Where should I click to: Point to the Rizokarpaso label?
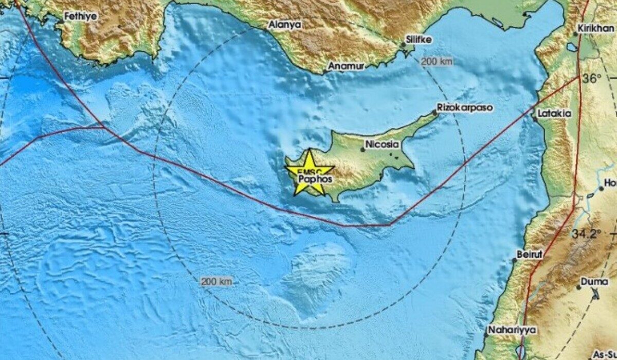(x=465, y=108)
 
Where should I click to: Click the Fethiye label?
(x=80, y=16)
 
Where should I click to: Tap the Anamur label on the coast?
(x=346, y=66)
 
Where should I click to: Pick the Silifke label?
(x=419, y=40)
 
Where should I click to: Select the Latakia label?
(x=554, y=113)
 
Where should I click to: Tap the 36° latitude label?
(x=592, y=79)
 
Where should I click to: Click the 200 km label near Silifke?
(x=437, y=62)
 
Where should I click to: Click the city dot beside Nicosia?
(x=362, y=150)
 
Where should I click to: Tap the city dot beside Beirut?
(x=514, y=260)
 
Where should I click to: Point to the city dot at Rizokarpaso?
(x=434, y=112)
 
